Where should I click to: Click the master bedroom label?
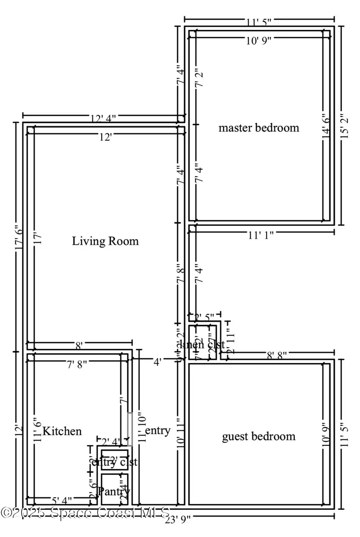(x=259, y=128)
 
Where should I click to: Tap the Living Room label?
(x=105, y=241)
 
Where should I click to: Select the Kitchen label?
(x=62, y=431)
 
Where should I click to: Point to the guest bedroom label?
(x=259, y=436)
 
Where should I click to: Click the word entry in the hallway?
(x=158, y=431)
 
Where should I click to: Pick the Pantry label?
(x=114, y=491)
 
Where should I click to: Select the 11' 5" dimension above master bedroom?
(x=259, y=22)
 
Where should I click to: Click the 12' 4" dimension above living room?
(x=103, y=118)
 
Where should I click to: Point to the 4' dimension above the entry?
(x=158, y=362)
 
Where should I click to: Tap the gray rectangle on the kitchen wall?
(x=130, y=429)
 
